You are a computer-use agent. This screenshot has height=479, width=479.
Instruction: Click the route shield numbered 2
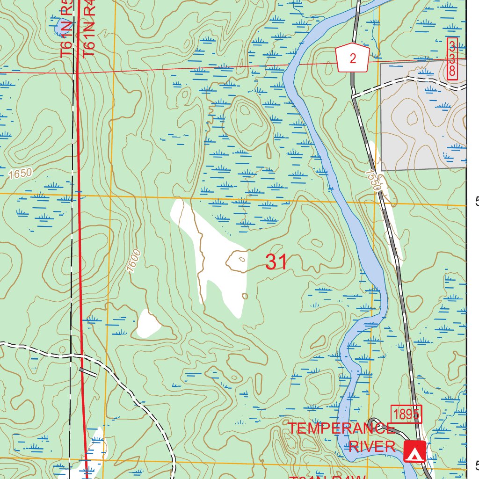click(x=353, y=58)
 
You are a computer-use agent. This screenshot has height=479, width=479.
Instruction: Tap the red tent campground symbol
click(x=414, y=451)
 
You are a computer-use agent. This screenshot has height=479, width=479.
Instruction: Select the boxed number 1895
click(x=407, y=414)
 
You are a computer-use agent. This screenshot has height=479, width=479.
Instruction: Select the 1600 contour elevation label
click(x=134, y=261)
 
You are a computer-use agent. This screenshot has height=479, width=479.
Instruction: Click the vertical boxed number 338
click(x=452, y=59)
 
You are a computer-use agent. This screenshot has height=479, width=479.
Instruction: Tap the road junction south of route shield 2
click(x=354, y=95)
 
